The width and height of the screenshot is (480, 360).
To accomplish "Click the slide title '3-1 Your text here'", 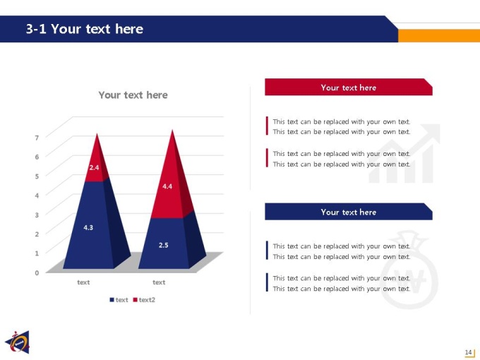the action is [x=85, y=29].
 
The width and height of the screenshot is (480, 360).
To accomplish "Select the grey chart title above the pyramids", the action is [x=133, y=95].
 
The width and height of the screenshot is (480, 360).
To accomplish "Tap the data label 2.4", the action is [x=94, y=167].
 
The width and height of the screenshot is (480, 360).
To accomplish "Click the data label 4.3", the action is [x=88, y=227].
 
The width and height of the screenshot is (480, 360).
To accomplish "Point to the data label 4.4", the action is [x=167, y=186].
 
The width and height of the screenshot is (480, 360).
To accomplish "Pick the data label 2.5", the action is [x=164, y=245].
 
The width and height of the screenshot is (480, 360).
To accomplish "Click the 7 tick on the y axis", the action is [x=37, y=138].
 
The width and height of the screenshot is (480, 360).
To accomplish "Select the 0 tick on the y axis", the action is [x=37, y=272].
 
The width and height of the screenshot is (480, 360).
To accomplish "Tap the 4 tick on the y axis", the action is [x=37, y=196].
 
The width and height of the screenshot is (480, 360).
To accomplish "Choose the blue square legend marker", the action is [x=112, y=300].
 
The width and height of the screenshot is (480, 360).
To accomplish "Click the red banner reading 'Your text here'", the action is [x=349, y=88].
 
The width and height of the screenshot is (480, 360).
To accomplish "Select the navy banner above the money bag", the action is [x=349, y=212].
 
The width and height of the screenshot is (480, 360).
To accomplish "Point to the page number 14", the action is [x=468, y=352].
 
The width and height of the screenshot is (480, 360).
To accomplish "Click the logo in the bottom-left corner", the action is [x=18, y=342].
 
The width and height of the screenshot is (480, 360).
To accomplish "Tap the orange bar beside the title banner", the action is [x=439, y=35].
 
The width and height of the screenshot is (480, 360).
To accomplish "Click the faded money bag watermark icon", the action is [x=409, y=270].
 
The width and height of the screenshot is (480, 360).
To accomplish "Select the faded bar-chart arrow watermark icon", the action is [x=404, y=153].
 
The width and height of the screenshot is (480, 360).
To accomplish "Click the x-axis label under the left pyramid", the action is [x=83, y=282].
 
